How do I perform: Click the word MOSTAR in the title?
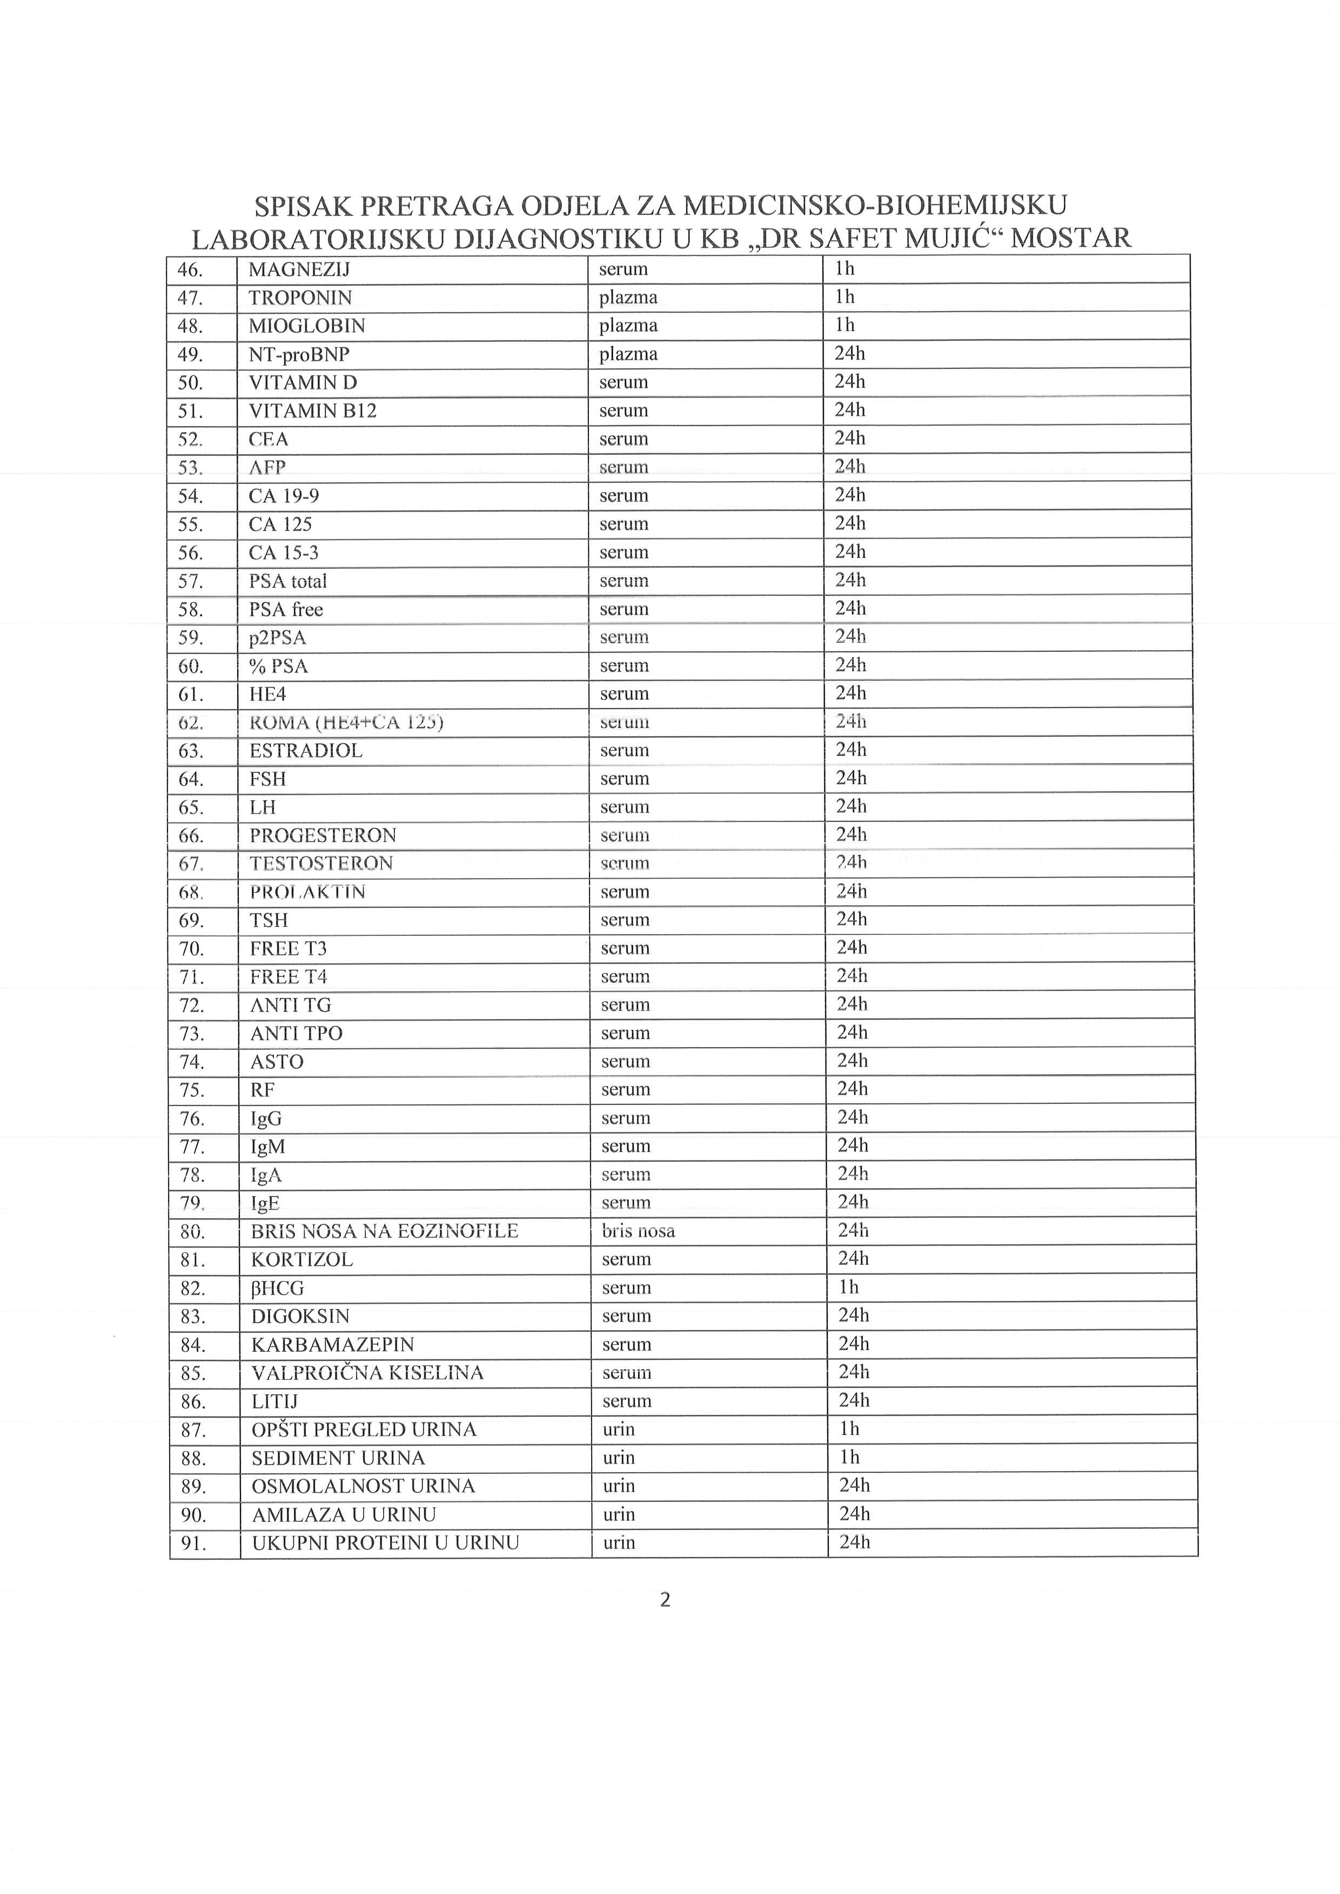click(x=1070, y=238)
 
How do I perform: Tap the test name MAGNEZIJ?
click(x=299, y=269)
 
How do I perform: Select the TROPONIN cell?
click(x=300, y=298)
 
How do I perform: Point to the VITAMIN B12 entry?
click(x=313, y=411)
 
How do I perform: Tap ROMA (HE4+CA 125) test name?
click(x=346, y=723)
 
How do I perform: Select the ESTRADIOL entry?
click(x=306, y=751)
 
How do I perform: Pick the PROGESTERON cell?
click(x=324, y=835)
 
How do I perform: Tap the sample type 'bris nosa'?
click(x=639, y=1231)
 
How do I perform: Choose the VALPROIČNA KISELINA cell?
click(x=367, y=1373)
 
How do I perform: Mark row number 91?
click(x=193, y=1543)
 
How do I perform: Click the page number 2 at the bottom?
click(x=666, y=1600)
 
